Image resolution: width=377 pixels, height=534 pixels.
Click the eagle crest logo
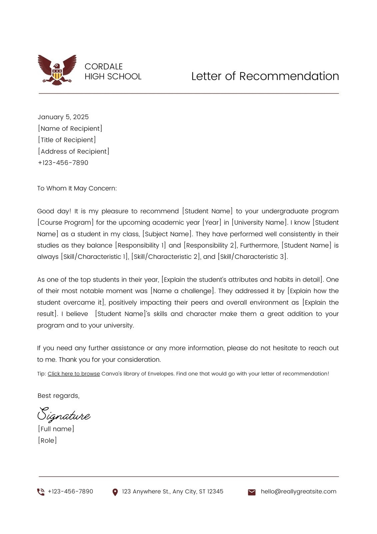click(57, 70)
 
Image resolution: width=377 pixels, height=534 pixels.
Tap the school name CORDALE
click(104, 66)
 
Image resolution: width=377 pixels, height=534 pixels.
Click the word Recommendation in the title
click(289, 76)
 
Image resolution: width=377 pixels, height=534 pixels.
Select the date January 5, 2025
click(63, 117)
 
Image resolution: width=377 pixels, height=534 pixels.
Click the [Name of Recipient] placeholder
click(70, 128)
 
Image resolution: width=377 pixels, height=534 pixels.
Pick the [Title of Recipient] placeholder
click(67, 140)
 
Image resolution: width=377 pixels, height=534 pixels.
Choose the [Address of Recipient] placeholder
click(73, 151)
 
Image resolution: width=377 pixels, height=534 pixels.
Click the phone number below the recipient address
click(63, 163)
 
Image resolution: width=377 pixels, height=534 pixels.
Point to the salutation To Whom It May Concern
click(77, 188)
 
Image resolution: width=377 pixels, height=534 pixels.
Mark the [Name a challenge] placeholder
click(182, 291)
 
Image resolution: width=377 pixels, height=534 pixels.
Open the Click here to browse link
click(74, 374)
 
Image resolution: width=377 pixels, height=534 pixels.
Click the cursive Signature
click(63, 415)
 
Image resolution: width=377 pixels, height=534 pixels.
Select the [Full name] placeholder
click(56, 429)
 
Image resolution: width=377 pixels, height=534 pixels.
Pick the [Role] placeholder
click(47, 440)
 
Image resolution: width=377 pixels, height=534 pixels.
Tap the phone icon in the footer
click(41, 492)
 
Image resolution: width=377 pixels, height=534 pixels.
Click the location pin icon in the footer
click(115, 492)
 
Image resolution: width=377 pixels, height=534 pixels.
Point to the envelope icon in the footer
click(252, 492)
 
